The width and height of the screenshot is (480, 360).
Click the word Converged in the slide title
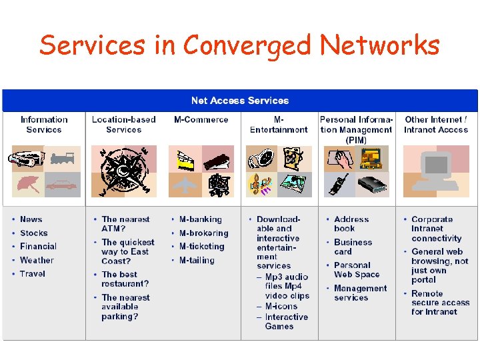coord(248,45)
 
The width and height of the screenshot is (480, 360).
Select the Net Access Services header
coord(239,101)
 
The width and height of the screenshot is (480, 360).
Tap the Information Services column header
coord(44,125)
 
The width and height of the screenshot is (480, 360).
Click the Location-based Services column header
coord(123,125)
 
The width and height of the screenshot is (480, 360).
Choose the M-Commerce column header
coord(201,120)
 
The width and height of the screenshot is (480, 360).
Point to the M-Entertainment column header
coord(279,125)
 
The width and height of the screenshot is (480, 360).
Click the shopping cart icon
coord(218,185)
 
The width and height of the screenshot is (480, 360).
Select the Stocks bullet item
coord(33,233)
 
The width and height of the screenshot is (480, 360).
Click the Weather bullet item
coord(37,261)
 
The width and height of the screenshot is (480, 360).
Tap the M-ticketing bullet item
coord(201,247)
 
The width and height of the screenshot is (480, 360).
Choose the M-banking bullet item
coord(200,219)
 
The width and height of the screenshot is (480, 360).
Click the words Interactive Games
coord(286,322)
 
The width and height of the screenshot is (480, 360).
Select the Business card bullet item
coord(353,247)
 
